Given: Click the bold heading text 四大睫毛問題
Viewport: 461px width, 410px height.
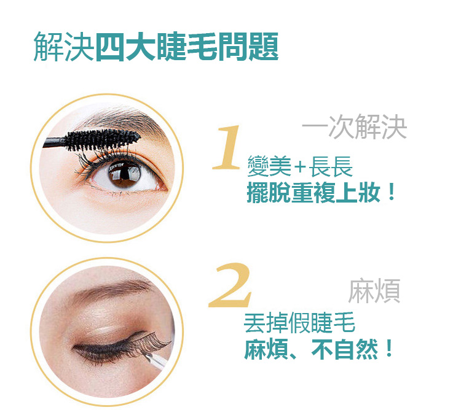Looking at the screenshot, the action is pyautogui.click(x=187, y=47).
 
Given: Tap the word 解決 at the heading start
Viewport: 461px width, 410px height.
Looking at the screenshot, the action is pyautogui.click(x=64, y=47).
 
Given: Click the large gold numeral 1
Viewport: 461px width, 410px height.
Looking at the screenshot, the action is pyautogui.click(x=227, y=148).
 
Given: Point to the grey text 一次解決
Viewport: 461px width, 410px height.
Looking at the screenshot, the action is pyautogui.click(x=355, y=126).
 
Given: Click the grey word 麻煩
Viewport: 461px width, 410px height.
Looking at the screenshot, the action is pyautogui.click(x=374, y=291).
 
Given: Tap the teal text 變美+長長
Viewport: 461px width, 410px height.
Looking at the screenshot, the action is pyautogui.click(x=300, y=166).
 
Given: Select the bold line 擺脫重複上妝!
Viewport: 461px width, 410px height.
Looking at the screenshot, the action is pyautogui.click(x=321, y=193).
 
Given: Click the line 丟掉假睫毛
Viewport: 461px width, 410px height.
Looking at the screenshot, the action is pyautogui.click(x=299, y=323).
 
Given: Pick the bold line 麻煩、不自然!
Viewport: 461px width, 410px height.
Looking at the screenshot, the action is pyautogui.click(x=318, y=349).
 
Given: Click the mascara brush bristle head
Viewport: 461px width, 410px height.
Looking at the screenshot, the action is pyautogui.click(x=103, y=140).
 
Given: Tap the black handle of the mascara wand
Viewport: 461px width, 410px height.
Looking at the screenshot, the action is pyautogui.click(x=54, y=142).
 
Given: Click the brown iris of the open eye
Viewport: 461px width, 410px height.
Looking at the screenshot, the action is pyautogui.click(x=124, y=174).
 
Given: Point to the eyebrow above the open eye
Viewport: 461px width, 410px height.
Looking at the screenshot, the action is pyautogui.click(x=124, y=120).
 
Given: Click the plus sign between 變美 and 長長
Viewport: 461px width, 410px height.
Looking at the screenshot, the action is pyautogui.click(x=300, y=168).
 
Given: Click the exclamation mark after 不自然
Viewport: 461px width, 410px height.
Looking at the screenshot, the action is pyautogui.click(x=389, y=348).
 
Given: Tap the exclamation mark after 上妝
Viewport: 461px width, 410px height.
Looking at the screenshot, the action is pyautogui.click(x=391, y=192).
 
